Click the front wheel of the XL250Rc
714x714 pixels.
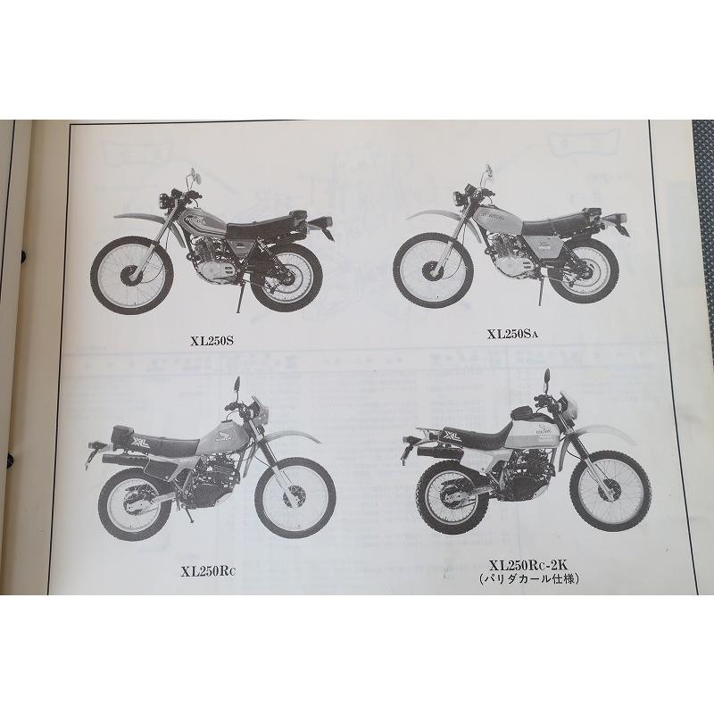coord(295,496)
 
